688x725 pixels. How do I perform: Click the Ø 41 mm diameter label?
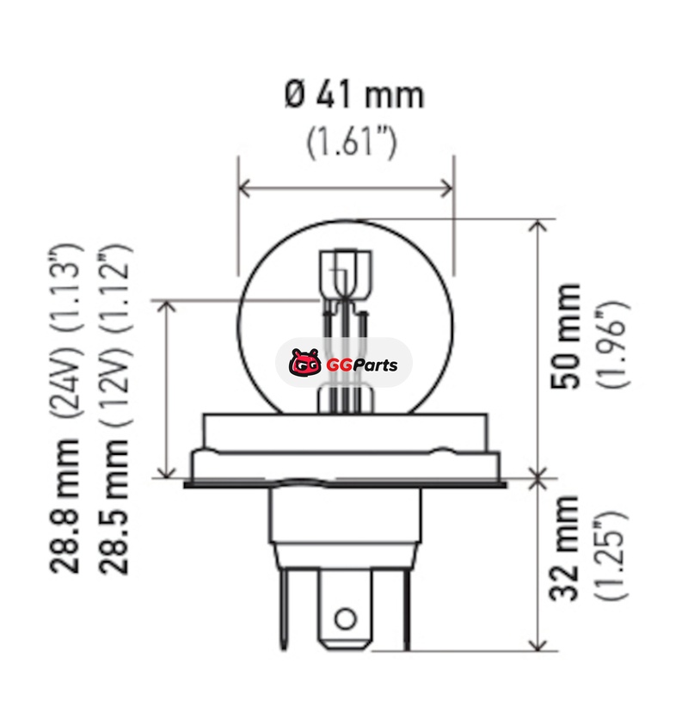coord(353,95)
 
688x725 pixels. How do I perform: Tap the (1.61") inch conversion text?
coord(352,142)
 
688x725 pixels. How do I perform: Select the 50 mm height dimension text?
coord(565,336)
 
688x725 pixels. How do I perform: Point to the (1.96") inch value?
coord(612,344)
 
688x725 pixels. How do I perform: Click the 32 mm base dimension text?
coord(564,548)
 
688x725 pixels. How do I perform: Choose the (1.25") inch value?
coord(611,556)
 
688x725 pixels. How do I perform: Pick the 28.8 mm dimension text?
coord(64,507)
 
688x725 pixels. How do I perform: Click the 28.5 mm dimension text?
coord(114,507)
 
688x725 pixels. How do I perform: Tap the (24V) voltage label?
coord(66,379)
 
